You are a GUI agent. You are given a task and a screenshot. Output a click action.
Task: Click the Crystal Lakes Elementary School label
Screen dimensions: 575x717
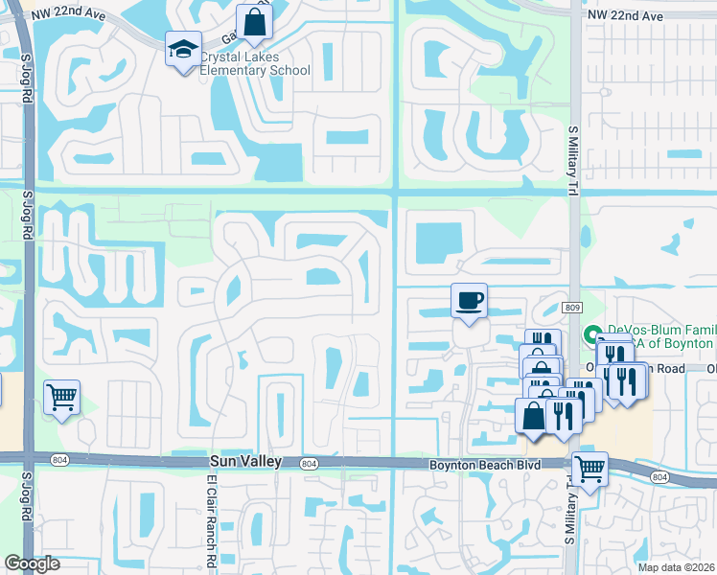point(255,63)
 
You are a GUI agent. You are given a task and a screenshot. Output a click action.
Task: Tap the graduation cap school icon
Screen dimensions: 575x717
point(181,49)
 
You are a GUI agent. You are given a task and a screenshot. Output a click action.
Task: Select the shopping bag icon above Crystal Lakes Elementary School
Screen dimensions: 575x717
point(254,22)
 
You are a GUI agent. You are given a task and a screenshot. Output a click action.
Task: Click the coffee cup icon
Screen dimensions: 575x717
point(469,300)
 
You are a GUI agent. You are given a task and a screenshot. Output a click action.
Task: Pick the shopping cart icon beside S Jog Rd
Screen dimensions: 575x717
point(61,396)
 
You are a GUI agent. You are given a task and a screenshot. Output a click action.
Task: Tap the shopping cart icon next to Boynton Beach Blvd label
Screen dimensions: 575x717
point(590,470)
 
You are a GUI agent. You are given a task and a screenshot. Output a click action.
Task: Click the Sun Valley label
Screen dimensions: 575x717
point(245,462)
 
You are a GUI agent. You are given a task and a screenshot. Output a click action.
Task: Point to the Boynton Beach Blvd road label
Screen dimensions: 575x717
point(483,465)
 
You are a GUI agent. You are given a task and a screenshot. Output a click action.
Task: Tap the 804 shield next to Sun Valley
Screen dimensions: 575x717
point(308,463)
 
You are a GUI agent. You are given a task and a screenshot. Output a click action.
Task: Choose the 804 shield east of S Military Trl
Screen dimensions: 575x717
point(659,476)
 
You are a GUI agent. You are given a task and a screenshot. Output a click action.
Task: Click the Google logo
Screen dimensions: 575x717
point(32,563)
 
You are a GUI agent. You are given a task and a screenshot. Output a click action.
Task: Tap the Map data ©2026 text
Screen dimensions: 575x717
point(677,567)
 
